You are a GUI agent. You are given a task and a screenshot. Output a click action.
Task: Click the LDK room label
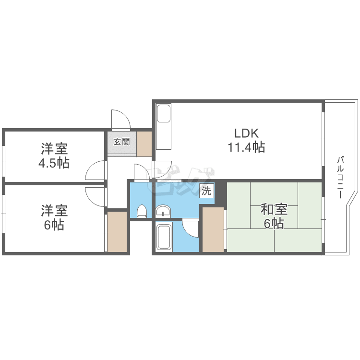coord(246,133)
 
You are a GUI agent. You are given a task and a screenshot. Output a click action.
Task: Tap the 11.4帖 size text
coord(246,147)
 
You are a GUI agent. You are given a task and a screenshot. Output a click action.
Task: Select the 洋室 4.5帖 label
coord(54,156)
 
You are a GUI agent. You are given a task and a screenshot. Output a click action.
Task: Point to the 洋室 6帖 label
coord(54,217)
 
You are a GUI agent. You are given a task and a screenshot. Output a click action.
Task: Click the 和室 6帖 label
coord(274,216)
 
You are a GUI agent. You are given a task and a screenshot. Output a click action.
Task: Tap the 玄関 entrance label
coord(122,142)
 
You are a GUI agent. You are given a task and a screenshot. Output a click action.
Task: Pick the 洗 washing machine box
coord(206,191)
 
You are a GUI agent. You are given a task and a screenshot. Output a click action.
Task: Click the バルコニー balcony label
coord(340,177)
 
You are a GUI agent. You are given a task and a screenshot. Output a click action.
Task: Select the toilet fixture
coord(142,211)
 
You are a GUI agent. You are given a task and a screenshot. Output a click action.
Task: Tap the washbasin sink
coord(163,211)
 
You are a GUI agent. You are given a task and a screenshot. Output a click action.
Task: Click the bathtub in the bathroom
coord(164,237)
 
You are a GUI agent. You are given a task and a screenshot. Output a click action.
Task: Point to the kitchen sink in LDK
coord(164,114)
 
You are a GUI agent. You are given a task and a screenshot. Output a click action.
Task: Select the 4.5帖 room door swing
coord(96,170)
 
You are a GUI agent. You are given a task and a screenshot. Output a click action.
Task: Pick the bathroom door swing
coord(191,228)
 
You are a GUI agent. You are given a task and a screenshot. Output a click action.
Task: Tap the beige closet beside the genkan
coord(144,144)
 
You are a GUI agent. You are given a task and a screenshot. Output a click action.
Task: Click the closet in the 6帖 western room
coord(117,231)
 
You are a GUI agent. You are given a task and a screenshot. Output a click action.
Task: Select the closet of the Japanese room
coord(213,229)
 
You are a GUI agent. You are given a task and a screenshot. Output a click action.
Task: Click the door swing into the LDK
coord(163,169)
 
